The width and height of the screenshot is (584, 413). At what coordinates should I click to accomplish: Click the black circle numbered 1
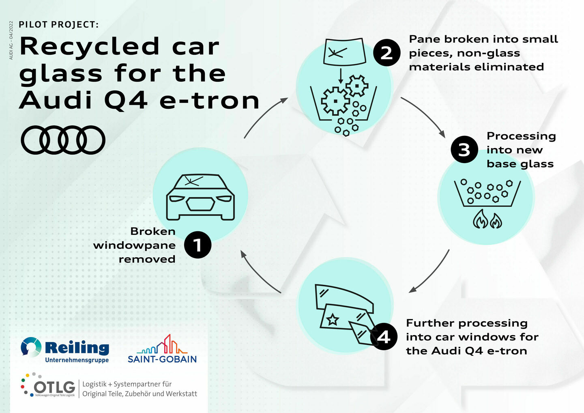click(198, 245)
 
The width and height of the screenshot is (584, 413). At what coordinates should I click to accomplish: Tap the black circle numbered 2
click(386, 53)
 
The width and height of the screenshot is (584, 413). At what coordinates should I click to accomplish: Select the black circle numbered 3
click(464, 150)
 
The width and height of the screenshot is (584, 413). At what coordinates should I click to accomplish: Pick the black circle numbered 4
click(384, 336)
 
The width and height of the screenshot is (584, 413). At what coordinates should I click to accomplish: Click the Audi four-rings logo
click(63, 140)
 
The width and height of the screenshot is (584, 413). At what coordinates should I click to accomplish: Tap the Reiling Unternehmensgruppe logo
click(65, 350)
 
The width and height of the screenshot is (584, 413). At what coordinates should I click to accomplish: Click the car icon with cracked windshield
click(200, 197)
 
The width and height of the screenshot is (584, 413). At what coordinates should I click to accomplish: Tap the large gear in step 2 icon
click(335, 101)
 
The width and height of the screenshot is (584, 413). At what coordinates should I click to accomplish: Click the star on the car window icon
click(333, 319)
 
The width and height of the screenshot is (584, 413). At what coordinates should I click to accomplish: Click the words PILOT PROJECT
click(58, 25)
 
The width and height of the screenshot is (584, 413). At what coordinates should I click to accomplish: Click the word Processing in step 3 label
click(521, 136)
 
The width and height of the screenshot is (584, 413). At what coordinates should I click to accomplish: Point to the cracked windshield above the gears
click(344, 51)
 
